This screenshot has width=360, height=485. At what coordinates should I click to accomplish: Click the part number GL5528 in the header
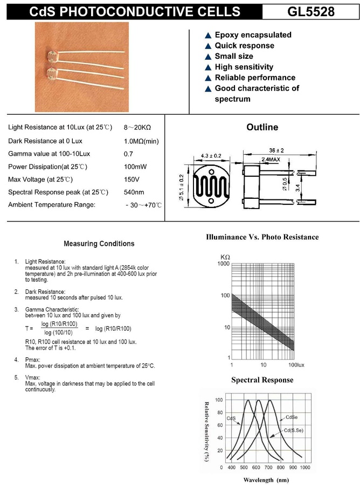[x=311, y=12]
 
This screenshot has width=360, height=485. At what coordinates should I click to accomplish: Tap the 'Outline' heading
[x=262, y=128]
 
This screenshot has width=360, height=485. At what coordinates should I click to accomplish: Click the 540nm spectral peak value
[x=134, y=192]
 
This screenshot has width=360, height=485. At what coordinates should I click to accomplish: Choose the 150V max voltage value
[x=131, y=179]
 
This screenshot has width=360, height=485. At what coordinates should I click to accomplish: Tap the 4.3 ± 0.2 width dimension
[x=211, y=156]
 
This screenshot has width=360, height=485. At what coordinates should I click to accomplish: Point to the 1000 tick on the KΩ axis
[x=223, y=264]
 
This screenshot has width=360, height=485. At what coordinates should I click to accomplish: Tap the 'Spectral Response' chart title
[x=262, y=380]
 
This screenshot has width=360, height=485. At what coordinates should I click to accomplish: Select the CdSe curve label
[x=292, y=417]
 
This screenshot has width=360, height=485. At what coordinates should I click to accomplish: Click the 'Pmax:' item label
[x=34, y=359]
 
